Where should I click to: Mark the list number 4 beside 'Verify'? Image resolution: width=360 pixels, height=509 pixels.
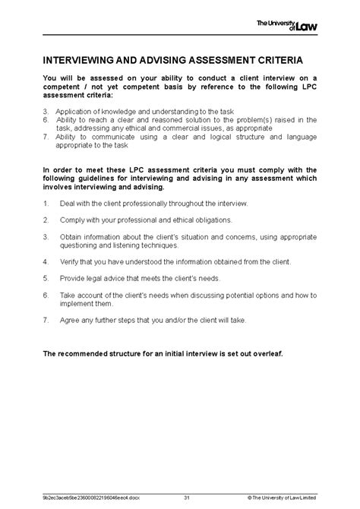[46, 261]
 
